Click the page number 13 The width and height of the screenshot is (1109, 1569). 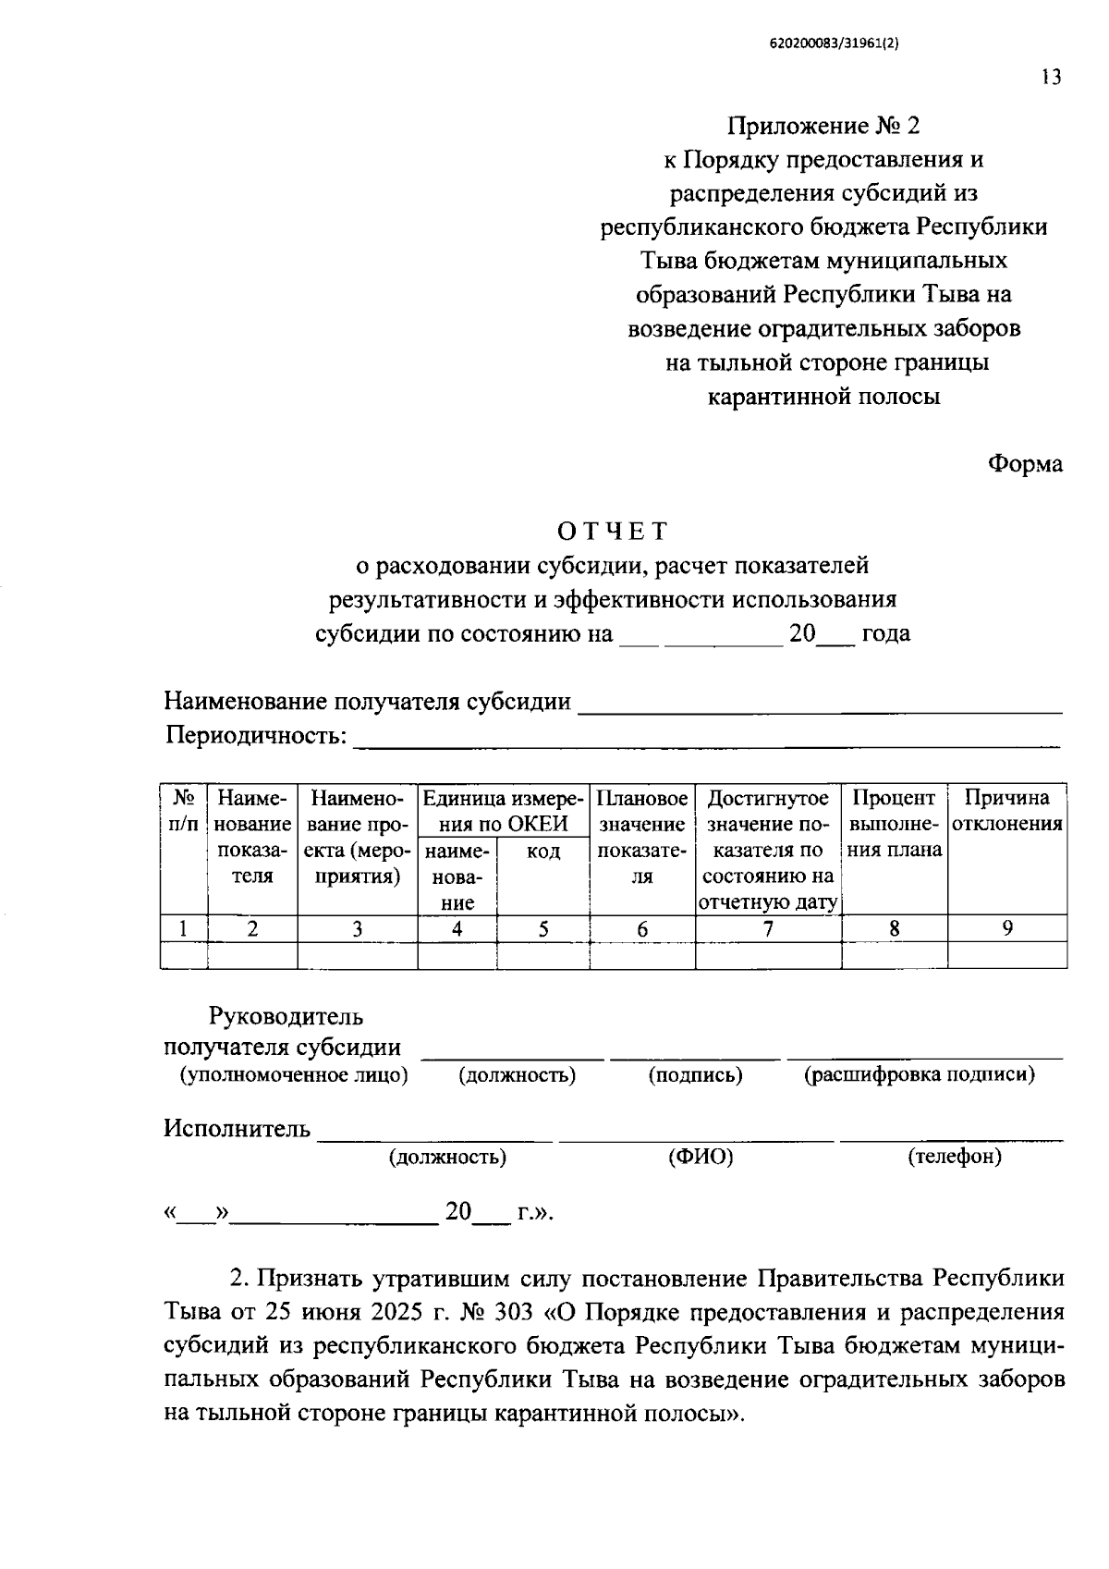coord(1051,78)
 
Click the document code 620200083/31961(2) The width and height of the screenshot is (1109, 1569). coord(834,43)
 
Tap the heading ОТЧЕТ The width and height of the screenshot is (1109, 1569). coord(612,532)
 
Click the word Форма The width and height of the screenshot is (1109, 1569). coord(1025,464)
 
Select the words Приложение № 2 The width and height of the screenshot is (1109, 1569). coord(823,126)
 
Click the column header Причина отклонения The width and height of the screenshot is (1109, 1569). coord(1006,811)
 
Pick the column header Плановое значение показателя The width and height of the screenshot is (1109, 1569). coord(642,836)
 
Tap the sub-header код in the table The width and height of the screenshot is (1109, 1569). coord(542,851)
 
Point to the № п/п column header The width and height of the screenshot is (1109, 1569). coord(183,810)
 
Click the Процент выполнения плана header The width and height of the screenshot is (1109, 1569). coord(894,823)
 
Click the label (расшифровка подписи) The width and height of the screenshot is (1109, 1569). coord(919,1074)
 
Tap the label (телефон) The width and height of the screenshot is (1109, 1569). coord(955,1156)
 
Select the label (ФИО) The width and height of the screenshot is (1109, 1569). coord(700,1157)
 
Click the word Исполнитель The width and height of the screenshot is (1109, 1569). coord(237,1129)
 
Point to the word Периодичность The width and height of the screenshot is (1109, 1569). coord(255,736)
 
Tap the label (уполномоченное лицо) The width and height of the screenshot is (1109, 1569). coord(293,1074)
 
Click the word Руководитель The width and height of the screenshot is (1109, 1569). coord(286,1017)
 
